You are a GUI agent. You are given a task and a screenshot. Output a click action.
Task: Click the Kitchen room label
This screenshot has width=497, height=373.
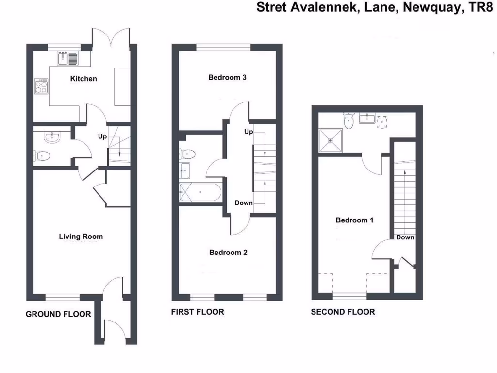pyautogui.click(x=83, y=79)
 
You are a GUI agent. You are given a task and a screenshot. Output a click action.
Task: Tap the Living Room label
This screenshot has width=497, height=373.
pyautogui.click(x=81, y=237)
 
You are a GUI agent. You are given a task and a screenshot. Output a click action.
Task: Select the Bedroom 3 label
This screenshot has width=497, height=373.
pyautogui.click(x=228, y=77)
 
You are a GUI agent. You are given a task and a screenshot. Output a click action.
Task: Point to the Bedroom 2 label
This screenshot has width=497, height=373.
pyautogui.click(x=228, y=252)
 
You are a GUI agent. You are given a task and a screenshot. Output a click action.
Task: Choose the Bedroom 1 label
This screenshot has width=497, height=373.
pyautogui.click(x=354, y=220)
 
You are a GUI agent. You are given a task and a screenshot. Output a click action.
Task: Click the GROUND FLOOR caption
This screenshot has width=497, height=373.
pyautogui.click(x=58, y=314)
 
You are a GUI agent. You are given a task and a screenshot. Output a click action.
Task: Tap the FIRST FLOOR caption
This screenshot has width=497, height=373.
pyautogui.click(x=198, y=312)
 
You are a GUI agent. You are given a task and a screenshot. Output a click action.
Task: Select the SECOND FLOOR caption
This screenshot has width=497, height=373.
pyautogui.click(x=343, y=312)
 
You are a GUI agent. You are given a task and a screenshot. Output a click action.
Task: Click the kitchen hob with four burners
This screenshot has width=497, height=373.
pyautogui.click(x=41, y=86)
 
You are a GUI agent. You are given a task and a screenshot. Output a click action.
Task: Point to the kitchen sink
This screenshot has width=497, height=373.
pyautogui.click(x=67, y=59)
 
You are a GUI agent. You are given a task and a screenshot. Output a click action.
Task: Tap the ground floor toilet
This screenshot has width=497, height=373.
pyautogui.click(x=42, y=156)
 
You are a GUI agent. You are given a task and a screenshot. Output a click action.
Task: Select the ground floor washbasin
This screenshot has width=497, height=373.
pyautogui.click(x=51, y=137)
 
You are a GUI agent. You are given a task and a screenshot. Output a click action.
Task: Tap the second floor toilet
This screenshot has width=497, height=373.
pyautogui.click(x=348, y=121)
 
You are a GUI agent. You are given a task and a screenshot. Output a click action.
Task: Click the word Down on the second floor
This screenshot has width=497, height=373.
pyautogui.click(x=405, y=237)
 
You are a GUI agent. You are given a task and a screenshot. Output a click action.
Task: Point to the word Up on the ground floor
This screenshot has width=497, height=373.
pyautogui.click(x=102, y=136)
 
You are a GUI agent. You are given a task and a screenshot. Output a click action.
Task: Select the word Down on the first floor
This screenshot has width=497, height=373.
pyautogui.click(x=244, y=203)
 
